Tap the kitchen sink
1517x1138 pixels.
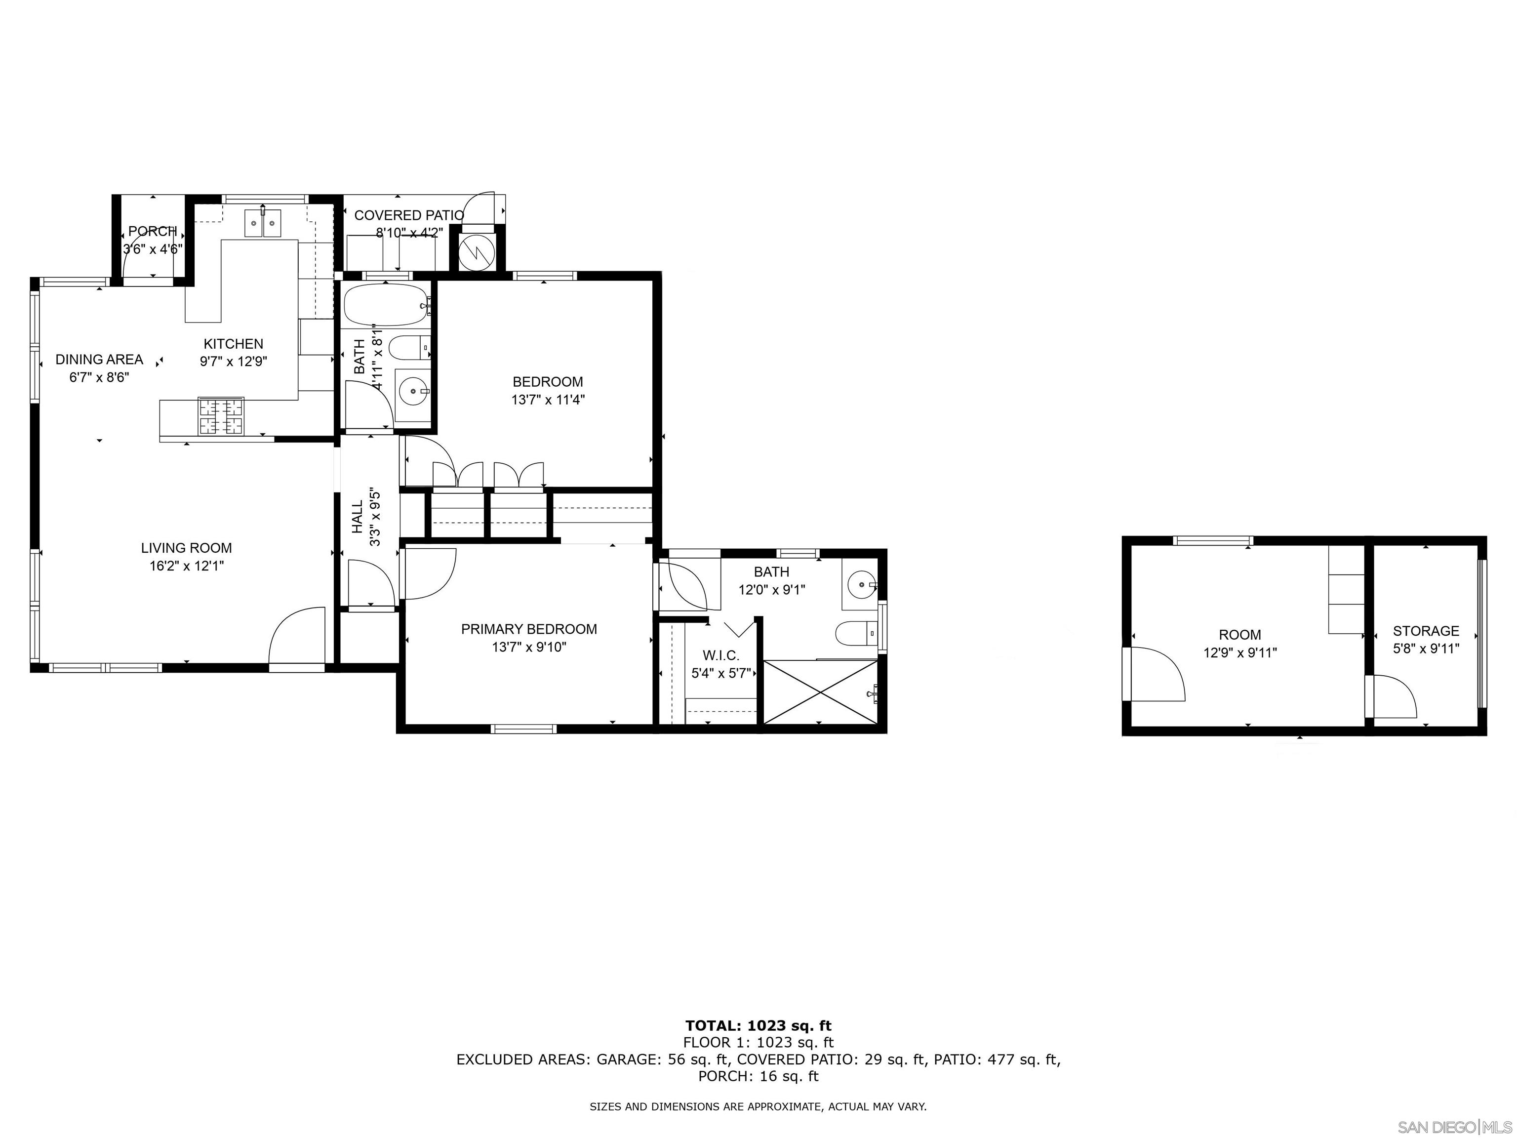[x=263, y=224]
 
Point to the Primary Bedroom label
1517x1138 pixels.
[x=529, y=629]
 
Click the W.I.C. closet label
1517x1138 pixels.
[x=721, y=656]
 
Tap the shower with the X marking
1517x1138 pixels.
[x=820, y=691]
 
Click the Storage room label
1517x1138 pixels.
[x=1426, y=631]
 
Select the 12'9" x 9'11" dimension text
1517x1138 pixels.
[x=1240, y=653]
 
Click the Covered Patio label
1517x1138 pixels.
[x=409, y=215]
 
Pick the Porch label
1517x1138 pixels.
[x=152, y=232]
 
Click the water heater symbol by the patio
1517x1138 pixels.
[x=476, y=252]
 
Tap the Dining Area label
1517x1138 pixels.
[x=99, y=360]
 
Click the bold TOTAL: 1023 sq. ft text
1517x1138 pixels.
[x=758, y=1026]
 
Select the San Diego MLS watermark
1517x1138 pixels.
[x=1454, y=1127]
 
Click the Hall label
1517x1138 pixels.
[x=358, y=517]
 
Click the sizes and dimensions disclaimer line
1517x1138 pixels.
[x=758, y=1106]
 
